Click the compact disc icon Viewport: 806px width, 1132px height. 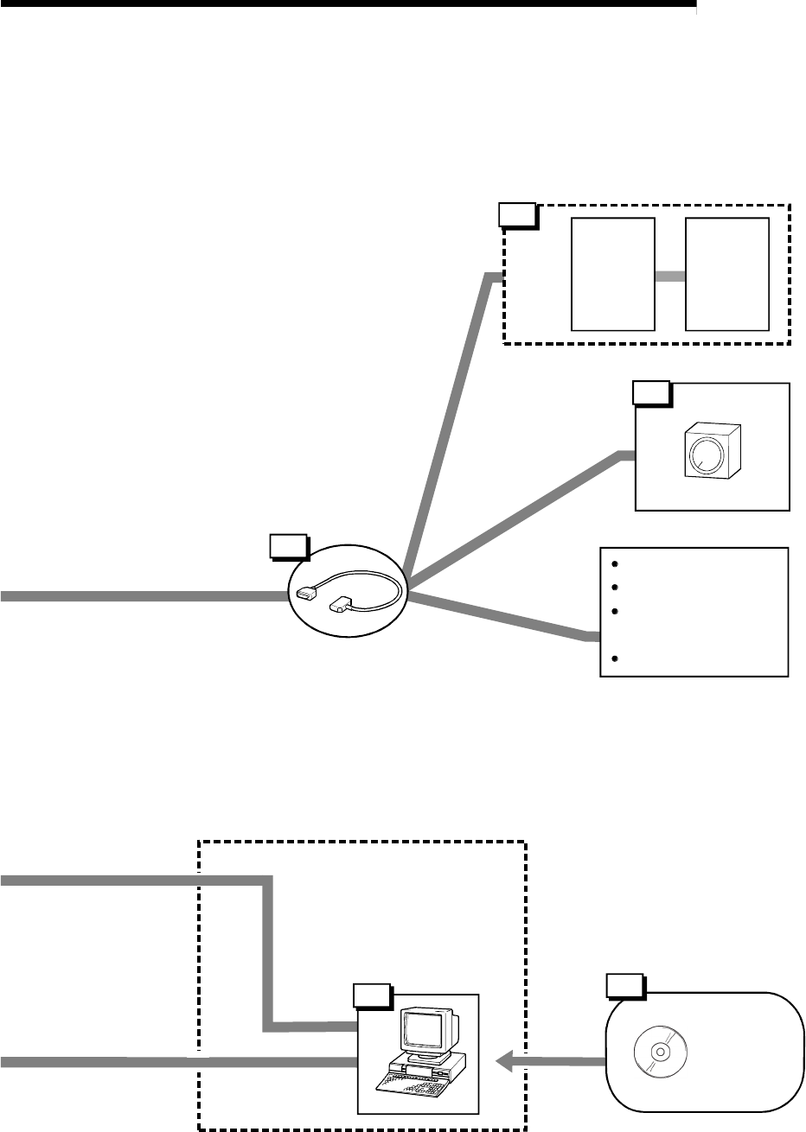pos(658,1052)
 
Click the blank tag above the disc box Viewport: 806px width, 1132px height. pos(623,986)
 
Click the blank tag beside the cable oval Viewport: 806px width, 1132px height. pos(288,546)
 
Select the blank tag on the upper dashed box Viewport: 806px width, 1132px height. pos(518,213)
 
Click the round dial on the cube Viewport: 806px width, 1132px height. pos(706,452)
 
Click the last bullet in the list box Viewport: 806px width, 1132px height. pos(614,659)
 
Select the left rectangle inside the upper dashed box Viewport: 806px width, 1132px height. pos(612,274)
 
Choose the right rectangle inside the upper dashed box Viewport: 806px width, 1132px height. pos(726,274)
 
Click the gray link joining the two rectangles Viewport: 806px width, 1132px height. pos(669,276)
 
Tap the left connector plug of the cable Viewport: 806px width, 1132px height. pos(307,593)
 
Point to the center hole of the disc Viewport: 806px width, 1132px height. pos(658,1052)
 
